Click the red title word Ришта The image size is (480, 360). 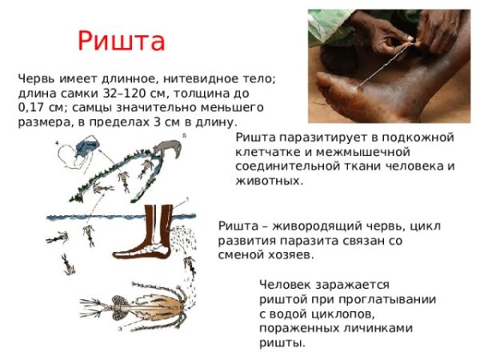[122, 41]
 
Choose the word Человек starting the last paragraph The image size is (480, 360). [286, 284]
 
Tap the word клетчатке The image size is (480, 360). [269, 152]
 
